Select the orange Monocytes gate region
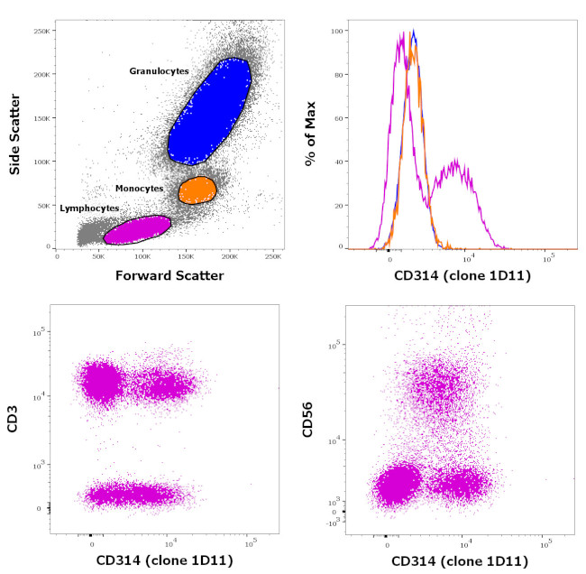(x=197, y=190)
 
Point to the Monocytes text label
(x=140, y=188)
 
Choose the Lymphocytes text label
(x=89, y=208)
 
